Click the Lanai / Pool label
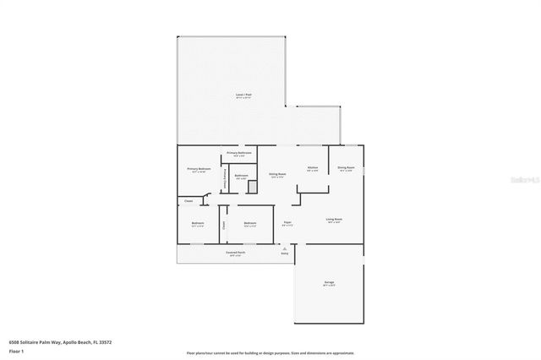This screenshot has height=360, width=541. click(243, 95)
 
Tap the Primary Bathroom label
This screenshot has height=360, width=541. click(239, 152)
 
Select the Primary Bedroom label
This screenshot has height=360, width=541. click(199, 169)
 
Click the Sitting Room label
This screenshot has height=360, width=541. click(277, 174)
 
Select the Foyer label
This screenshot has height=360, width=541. click(287, 223)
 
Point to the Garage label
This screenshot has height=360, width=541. click(328, 283)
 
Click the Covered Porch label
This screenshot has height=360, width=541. click(235, 253)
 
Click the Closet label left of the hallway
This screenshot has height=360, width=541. click(189, 201)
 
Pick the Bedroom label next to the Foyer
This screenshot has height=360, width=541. click(250, 224)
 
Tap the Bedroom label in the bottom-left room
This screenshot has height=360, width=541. click(197, 224)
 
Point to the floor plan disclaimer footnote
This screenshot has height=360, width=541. click(270, 352)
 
